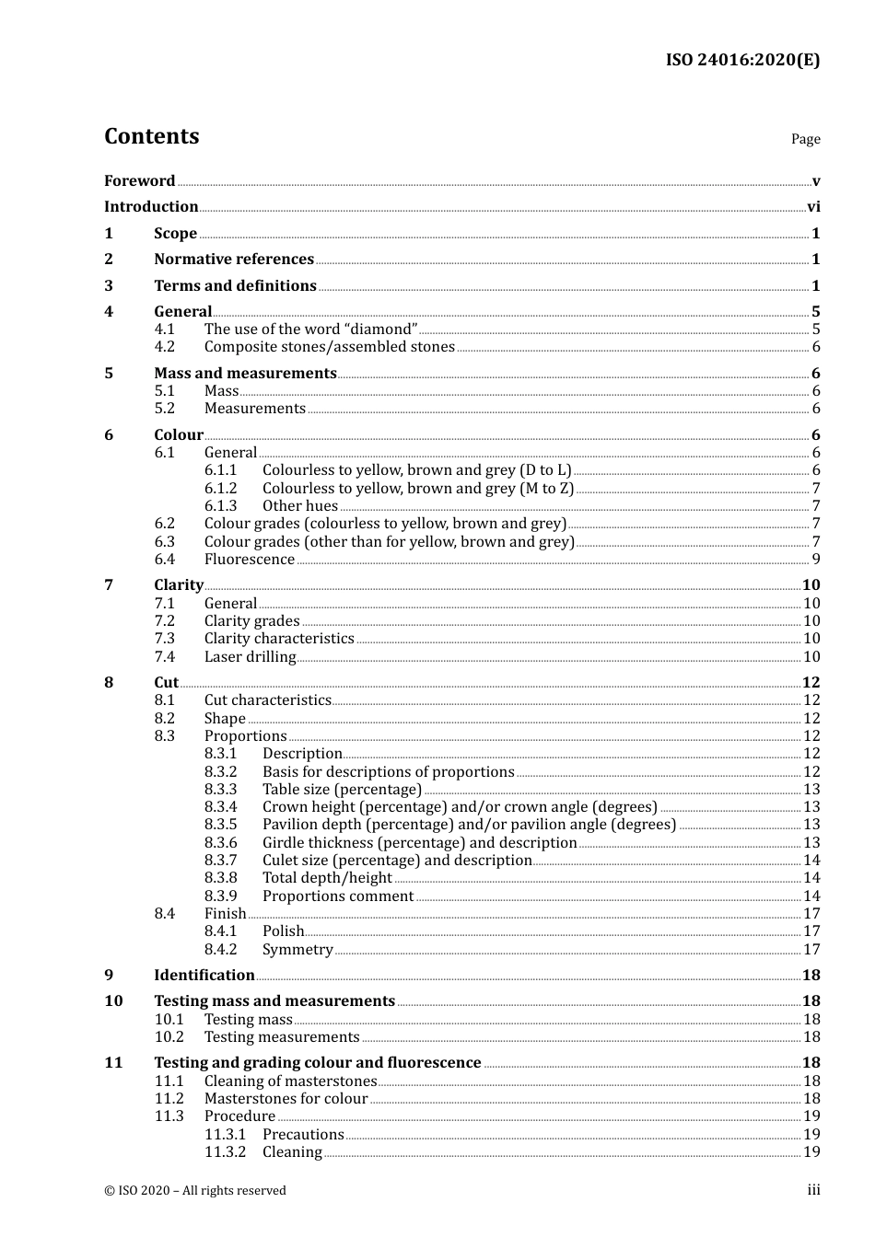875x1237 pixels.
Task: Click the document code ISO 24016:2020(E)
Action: pos(742,61)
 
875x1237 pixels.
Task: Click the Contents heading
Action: pos(151,136)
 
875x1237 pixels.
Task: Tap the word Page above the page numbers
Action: pos(805,139)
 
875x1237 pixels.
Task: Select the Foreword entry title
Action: pos(139,181)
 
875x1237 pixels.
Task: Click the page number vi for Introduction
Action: pos(813,207)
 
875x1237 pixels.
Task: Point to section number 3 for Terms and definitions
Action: pos(109,286)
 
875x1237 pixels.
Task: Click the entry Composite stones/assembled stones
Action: pos(329,347)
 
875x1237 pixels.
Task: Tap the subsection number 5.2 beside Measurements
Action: pos(165,409)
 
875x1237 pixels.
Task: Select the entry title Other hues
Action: pos(300,506)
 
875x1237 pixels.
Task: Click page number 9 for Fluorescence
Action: pos(816,560)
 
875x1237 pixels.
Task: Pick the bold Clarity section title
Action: pos(179,585)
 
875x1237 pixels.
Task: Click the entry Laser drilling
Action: pos(250,657)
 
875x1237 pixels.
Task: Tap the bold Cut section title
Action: pos(166,683)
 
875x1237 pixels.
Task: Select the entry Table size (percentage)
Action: pos(342,790)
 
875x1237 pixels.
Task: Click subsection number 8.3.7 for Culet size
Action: pos(220,861)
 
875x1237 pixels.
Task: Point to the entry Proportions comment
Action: pos(338,896)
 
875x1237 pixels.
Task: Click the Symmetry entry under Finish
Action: pos(297,950)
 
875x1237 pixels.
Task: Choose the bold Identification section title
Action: pos(204,976)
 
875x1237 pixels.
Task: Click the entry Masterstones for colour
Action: pos(286,1099)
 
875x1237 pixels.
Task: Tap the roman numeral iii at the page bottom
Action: pos(813,1190)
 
